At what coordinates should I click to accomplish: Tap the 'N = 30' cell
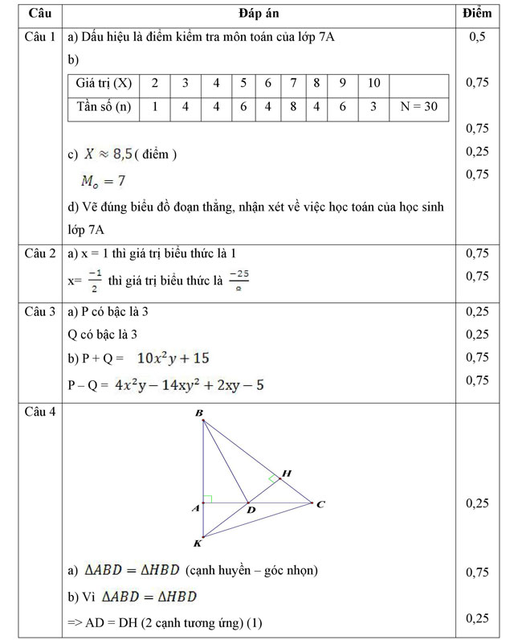tap(418, 107)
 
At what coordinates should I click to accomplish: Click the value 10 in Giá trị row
tap(373, 84)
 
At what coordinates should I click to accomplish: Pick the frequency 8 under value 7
tap(294, 107)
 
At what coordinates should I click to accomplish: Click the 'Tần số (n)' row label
tap(104, 107)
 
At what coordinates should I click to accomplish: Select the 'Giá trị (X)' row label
tap(104, 84)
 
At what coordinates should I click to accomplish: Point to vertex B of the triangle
tap(199, 413)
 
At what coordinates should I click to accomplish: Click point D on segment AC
tap(250, 510)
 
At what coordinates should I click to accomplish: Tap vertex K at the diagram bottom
tap(198, 544)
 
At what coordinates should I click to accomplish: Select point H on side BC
tap(286, 474)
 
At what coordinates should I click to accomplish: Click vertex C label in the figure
tap(320, 504)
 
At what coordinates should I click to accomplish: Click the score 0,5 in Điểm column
tap(477, 37)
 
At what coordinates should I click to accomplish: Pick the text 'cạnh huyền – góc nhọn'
tap(251, 571)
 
